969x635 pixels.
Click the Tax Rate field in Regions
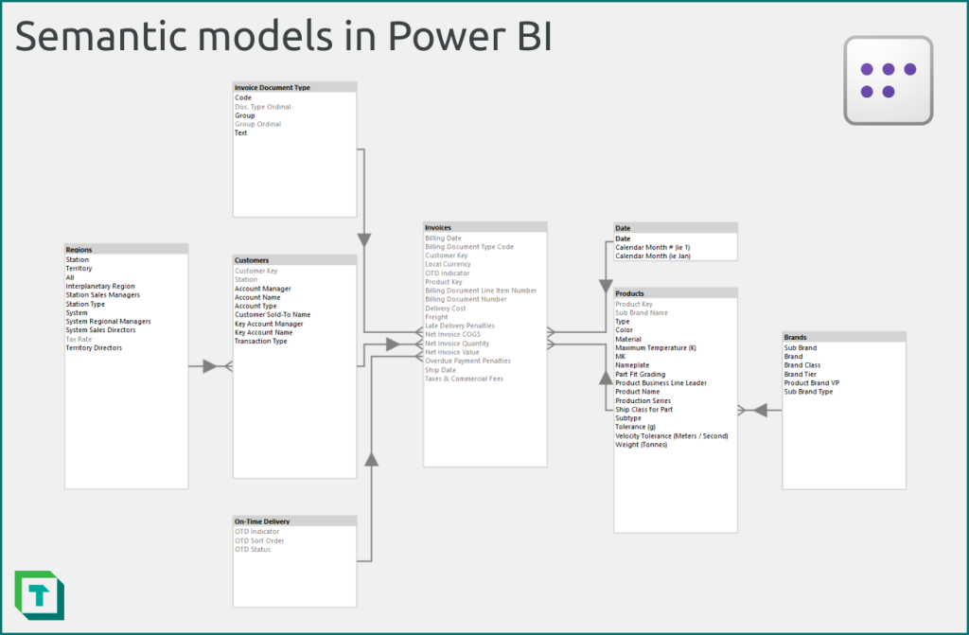[x=79, y=339]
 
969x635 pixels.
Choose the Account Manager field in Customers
[x=262, y=289]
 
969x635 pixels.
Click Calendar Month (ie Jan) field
[x=653, y=256]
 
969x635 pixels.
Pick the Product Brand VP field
[x=811, y=382]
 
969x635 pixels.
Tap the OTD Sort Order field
[x=259, y=540]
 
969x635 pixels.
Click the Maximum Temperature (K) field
[x=655, y=348]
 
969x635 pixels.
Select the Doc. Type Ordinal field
[x=262, y=107]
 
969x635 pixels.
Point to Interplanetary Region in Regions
[x=99, y=286]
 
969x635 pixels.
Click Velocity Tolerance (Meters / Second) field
[x=671, y=435]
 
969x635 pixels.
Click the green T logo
[x=39, y=595]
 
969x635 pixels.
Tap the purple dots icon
[x=888, y=80]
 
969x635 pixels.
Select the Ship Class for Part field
[x=643, y=410]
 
